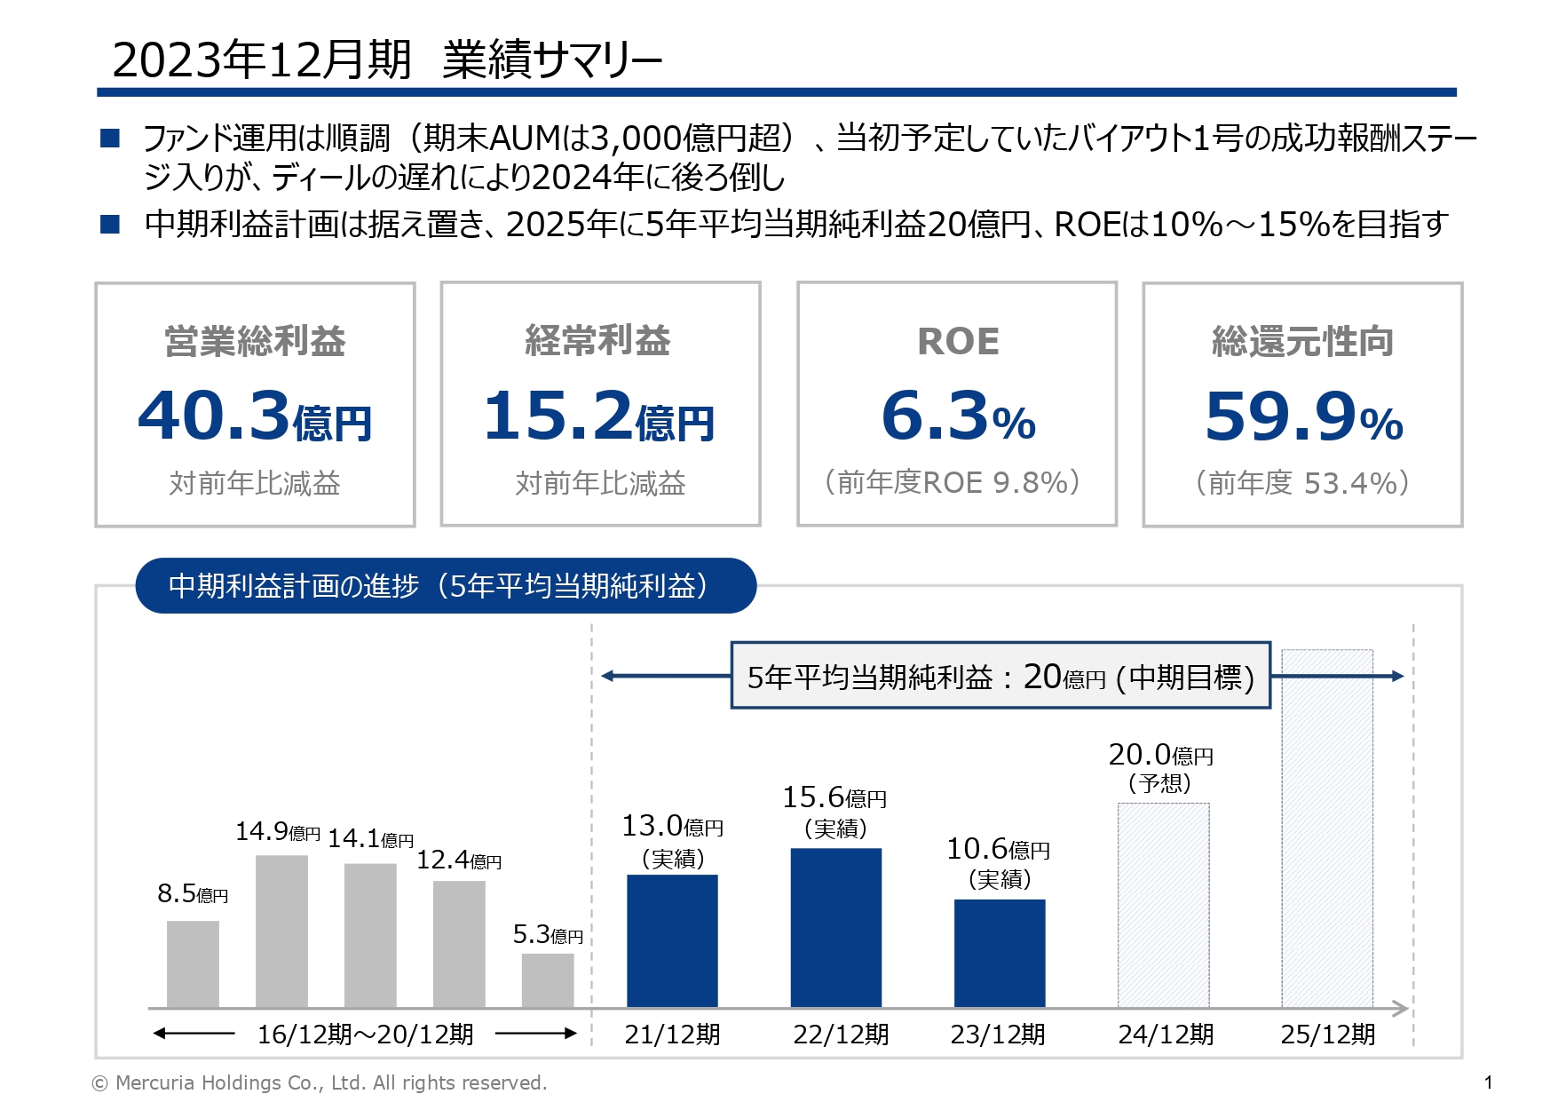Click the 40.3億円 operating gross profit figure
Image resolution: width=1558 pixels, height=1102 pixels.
point(255,416)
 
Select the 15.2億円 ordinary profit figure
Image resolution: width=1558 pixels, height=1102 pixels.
point(599,416)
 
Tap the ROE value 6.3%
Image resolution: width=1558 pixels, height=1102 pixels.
point(958,416)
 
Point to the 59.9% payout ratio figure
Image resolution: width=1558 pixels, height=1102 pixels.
point(1303,416)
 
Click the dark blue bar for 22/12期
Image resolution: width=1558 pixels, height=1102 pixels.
point(835,927)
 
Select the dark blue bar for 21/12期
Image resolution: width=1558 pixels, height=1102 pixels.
point(672,940)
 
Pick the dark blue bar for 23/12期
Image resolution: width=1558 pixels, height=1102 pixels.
point(1000,953)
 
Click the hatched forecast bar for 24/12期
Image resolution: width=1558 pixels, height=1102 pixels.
point(1163,905)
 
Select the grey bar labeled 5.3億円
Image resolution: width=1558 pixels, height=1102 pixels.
point(548,980)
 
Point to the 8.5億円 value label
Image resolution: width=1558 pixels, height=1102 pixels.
point(193,893)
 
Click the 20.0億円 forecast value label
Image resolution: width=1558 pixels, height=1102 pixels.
point(1160,756)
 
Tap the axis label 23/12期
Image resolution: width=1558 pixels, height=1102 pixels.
point(998,1035)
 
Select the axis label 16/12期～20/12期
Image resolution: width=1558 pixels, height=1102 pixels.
point(365,1035)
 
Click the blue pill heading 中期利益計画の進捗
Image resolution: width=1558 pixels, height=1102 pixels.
point(445,586)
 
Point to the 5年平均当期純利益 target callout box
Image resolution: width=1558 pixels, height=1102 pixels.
point(1000,677)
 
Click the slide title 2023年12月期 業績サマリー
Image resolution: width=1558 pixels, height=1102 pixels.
point(387,60)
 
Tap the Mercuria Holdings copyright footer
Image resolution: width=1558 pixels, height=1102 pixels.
point(320,1082)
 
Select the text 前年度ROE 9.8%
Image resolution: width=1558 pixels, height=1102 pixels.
point(953,482)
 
